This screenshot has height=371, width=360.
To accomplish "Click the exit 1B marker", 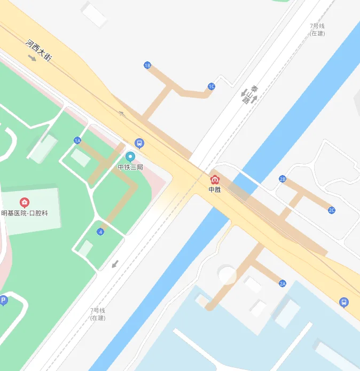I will click(x=147, y=65).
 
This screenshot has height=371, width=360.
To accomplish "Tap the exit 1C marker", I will click(x=212, y=86).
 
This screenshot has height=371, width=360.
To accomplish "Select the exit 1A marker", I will click(x=77, y=140).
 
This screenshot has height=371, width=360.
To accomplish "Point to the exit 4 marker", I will click(x=100, y=232).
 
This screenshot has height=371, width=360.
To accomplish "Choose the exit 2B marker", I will click(x=283, y=179).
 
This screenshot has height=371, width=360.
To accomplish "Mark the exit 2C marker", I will click(x=332, y=210).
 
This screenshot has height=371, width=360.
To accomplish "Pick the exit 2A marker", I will click(x=283, y=283).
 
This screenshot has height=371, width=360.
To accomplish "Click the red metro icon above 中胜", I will click(x=215, y=180).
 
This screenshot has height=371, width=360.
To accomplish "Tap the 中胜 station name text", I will click(x=215, y=190).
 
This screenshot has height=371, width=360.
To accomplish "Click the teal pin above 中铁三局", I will click(x=130, y=157).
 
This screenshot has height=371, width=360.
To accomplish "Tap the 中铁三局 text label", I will click(x=130, y=167).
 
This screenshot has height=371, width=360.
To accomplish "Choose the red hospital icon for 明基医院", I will click(x=25, y=202).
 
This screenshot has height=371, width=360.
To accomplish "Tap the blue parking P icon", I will click(x=3, y=301).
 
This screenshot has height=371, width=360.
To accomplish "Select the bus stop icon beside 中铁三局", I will click(x=139, y=143).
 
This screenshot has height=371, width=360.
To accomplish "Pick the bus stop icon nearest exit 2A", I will click(x=344, y=303).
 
